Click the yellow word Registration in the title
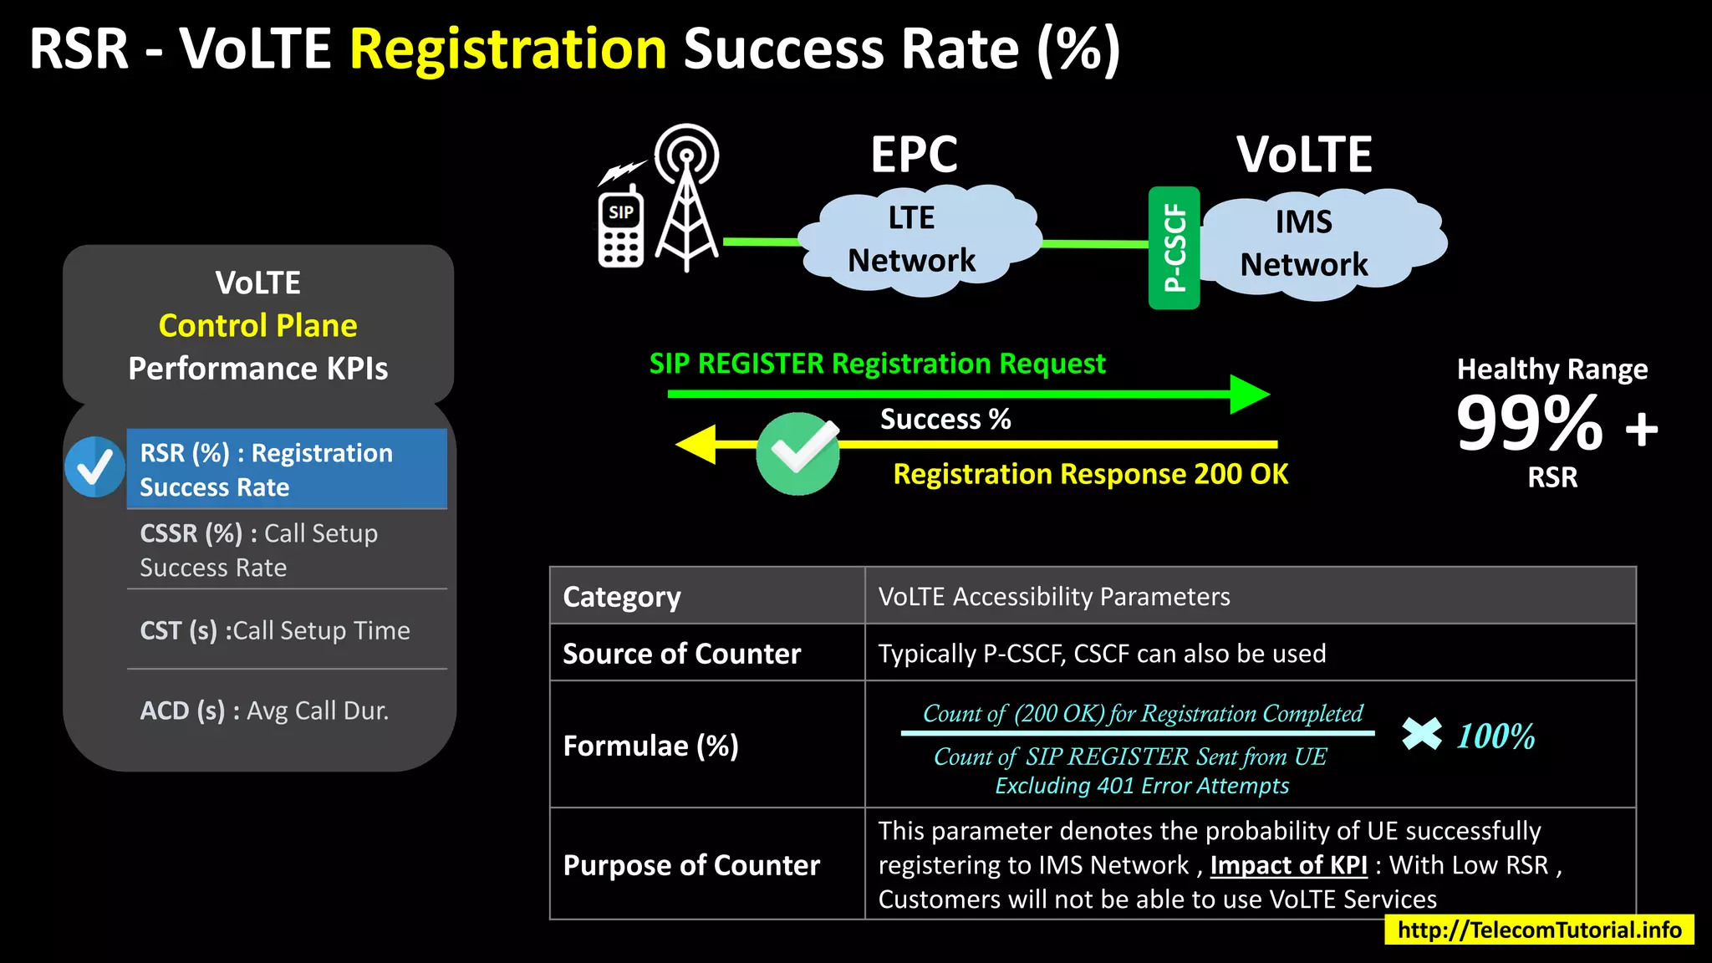coord(507,48)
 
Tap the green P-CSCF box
coord(1174,247)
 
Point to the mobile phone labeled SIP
coord(621,229)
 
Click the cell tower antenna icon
coord(687,201)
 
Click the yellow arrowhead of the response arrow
coord(697,444)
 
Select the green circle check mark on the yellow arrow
coord(797,453)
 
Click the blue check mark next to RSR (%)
coord(94,467)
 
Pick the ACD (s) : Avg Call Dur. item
coord(264,711)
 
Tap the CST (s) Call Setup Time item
coord(275,630)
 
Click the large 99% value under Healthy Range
coord(1528,424)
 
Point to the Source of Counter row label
coord(681,653)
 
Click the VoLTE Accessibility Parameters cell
coord(1053,596)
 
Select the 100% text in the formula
coord(1495,736)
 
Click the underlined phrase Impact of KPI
coord(1288,865)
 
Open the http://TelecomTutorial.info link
coord(1538,930)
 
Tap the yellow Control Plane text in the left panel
coord(257,325)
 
